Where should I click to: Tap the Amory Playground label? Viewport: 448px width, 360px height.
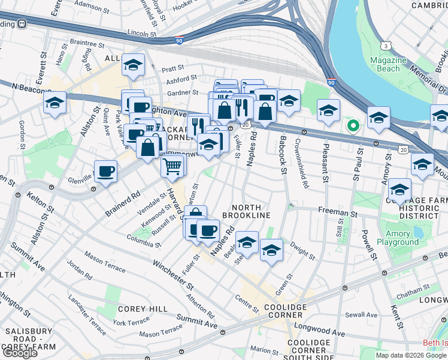coord(398,238)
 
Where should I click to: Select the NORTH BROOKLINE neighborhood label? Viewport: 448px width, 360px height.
coord(246,210)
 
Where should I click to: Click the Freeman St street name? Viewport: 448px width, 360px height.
coord(337,212)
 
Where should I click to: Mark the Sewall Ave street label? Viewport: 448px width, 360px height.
coord(361,314)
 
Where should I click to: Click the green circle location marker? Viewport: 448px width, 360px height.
coord(353,126)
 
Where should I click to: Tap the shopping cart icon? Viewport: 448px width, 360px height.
coord(172,164)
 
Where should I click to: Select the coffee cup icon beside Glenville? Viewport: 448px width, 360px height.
coord(105,172)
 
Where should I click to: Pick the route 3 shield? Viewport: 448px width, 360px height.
coord(387,46)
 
